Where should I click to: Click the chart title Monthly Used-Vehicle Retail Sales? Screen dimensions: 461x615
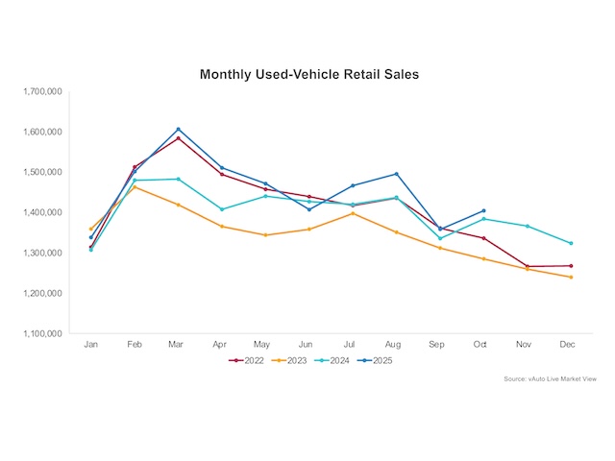[308, 73]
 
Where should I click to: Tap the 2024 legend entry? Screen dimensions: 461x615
[338, 360]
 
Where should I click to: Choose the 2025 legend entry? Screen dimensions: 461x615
[381, 360]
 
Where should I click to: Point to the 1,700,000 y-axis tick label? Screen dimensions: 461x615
[41, 91]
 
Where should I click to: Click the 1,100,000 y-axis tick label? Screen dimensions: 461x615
[41, 333]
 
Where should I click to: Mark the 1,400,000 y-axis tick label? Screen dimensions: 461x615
[41, 212]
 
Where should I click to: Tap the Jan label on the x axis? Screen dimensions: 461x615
[91, 343]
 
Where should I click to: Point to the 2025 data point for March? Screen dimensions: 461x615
[178, 129]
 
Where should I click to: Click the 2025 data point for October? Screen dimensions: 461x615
[483, 210]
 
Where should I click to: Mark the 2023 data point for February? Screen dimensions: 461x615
[135, 186]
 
